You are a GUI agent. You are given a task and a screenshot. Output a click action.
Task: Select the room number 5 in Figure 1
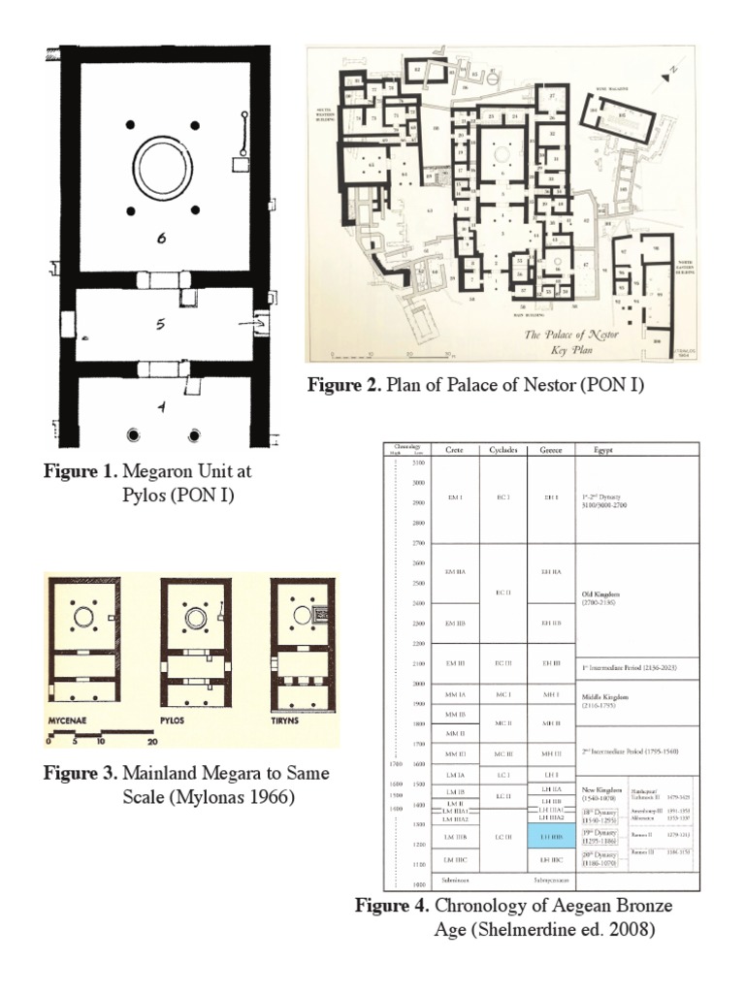pyautogui.click(x=160, y=325)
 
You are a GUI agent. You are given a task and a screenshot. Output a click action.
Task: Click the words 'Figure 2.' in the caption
pyautogui.click(x=343, y=386)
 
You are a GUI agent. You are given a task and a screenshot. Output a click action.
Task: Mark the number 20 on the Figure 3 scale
pyautogui.click(x=151, y=743)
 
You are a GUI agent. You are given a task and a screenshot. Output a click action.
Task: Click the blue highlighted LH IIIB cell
pyautogui.click(x=551, y=835)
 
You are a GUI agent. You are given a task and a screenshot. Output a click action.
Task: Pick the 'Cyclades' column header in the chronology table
pyautogui.click(x=502, y=450)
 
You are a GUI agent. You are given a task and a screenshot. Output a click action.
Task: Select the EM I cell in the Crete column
pyautogui.click(x=454, y=497)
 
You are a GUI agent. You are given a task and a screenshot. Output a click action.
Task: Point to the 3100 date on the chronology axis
pyautogui.click(x=418, y=463)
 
